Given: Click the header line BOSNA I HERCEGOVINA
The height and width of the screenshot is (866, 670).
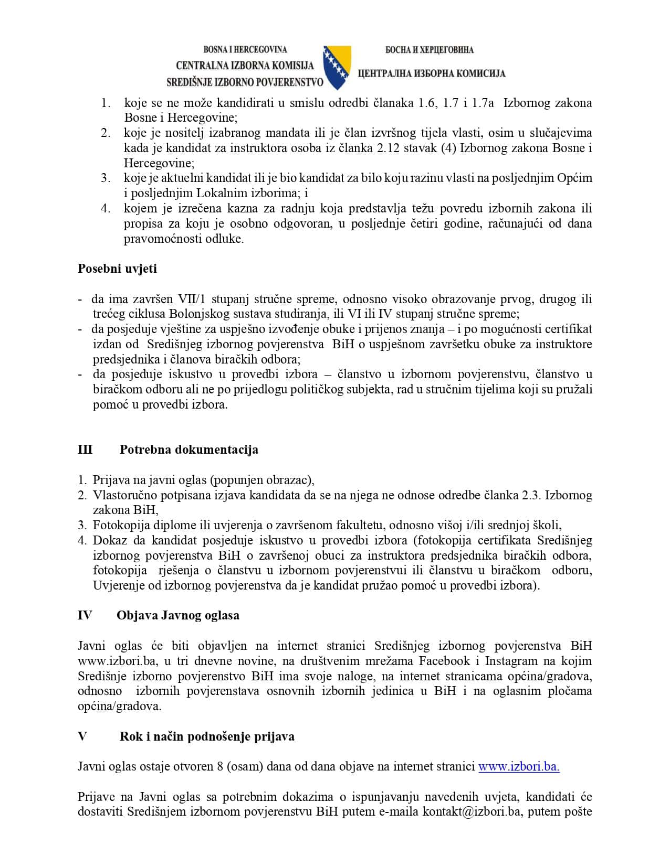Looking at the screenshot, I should pyautogui.click(x=245, y=50).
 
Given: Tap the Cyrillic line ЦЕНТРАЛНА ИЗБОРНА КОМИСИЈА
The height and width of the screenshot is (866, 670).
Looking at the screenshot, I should pyautogui.click(x=431, y=73).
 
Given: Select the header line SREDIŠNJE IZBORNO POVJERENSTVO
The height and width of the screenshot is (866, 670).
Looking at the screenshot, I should pyautogui.click(x=245, y=82).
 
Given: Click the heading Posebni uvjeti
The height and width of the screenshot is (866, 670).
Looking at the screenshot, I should pyautogui.click(x=117, y=269).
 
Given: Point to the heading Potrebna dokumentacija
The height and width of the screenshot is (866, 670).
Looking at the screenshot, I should pyautogui.click(x=189, y=450).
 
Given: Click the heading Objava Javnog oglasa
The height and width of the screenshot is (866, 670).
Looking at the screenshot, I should pyautogui.click(x=177, y=615).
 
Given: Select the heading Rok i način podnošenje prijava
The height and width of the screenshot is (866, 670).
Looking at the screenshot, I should pyautogui.click(x=207, y=736).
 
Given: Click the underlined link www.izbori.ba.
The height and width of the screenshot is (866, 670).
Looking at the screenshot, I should pyautogui.click(x=518, y=767).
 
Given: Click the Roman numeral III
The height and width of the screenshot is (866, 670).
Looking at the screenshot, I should pyautogui.click(x=85, y=450).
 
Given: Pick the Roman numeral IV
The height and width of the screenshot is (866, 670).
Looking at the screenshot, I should pyautogui.click(x=85, y=615).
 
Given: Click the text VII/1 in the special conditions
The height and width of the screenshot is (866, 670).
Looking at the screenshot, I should pyautogui.click(x=192, y=299).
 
